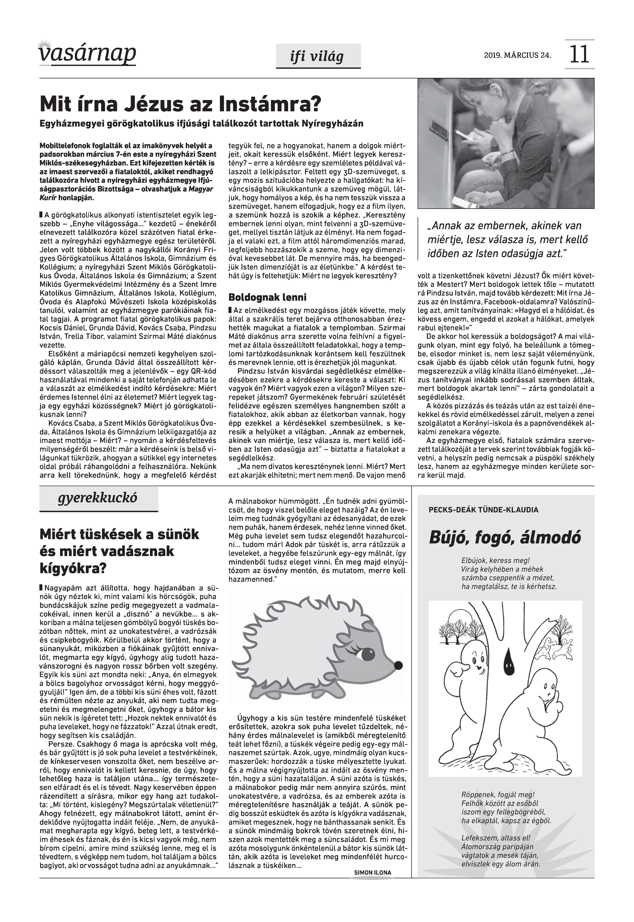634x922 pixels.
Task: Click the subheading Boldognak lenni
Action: (x=267, y=297)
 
